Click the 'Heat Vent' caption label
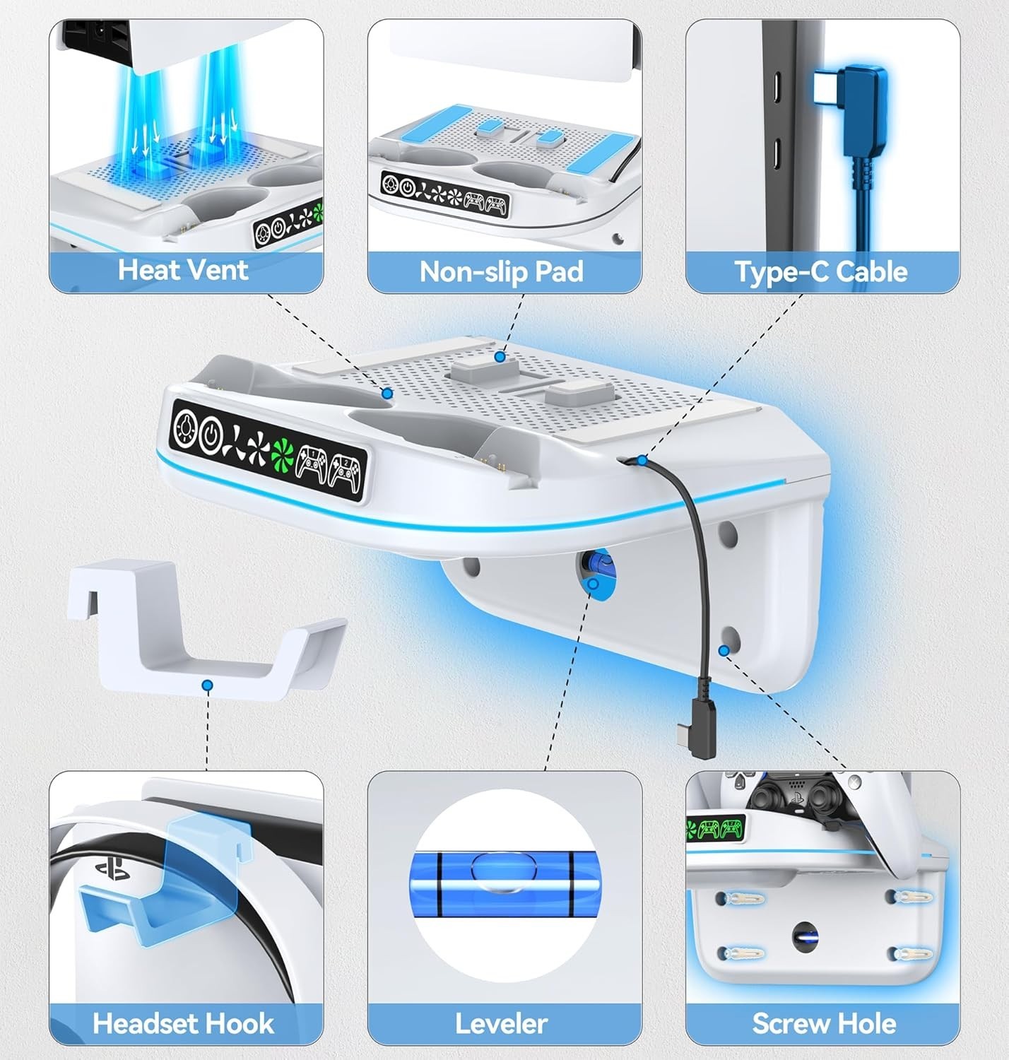click(x=183, y=269)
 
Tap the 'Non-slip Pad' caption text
click(x=502, y=271)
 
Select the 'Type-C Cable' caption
click(x=821, y=271)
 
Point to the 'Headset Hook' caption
click(x=183, y=1023)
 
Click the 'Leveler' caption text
click(x=502, y=1023)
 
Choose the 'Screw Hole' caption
click(x=824, y=1023)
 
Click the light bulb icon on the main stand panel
click(x=186, y=427)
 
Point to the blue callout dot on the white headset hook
click(x=207, y=685)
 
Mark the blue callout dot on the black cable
click(x=642, y=461)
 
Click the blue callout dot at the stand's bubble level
click(x=594, y=584)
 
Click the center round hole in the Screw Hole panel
click(x=806, y=937)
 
